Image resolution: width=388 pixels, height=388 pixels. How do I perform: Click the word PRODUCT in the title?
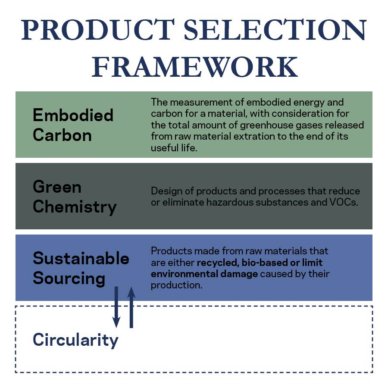pos(98,30)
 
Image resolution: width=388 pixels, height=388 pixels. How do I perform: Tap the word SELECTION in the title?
pos(275,30)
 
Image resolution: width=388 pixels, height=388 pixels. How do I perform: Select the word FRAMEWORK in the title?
pos(195,67)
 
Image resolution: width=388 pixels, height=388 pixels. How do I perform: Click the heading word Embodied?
pos(73,115)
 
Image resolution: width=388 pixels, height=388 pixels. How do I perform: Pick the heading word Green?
pos(57,187)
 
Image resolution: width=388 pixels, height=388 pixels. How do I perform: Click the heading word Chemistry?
pos(75,207)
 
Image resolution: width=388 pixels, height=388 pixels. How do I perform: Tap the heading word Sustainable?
pos(81,258)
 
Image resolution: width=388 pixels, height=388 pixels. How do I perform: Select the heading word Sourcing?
pos(69,278)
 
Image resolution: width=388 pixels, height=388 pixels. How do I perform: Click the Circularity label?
pos(75,340)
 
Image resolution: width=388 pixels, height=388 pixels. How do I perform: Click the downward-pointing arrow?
pos(116,307)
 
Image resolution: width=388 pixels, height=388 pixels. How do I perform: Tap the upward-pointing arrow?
pos(131,307)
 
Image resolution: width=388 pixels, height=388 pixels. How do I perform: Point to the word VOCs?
pos(344,203)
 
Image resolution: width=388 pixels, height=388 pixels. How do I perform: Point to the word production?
pos(177,285)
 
